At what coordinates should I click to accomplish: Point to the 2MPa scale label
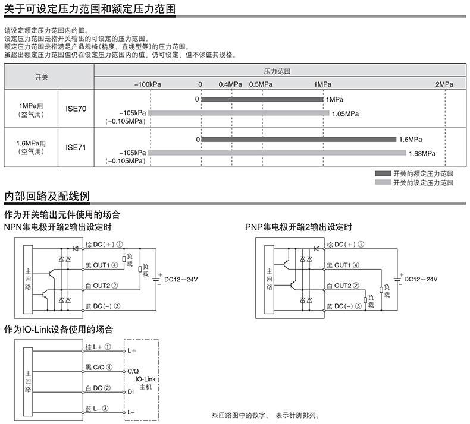point(444,84)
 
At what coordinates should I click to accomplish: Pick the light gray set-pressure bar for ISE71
point(277,153)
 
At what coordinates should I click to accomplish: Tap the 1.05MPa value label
point(345,113)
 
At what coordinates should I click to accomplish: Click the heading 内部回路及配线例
point(48,196)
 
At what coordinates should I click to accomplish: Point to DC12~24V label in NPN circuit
point(182,279)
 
